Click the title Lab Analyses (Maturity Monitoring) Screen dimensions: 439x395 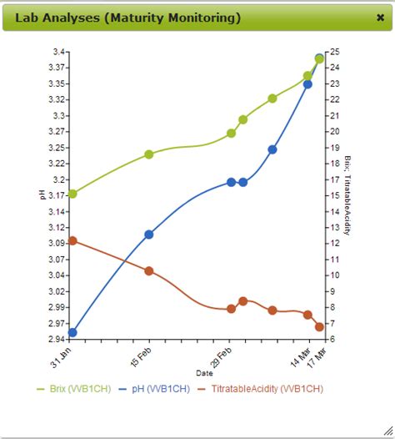coord(129,17)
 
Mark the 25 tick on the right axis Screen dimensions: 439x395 coord(334,52)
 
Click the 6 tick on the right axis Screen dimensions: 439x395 coord(332,340)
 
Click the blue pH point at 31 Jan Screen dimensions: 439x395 coord(72,332)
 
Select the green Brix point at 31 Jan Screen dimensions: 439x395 coord(72,194)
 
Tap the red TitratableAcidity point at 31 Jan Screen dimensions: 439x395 coord(72,240)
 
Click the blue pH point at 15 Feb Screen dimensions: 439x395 coord(149,235)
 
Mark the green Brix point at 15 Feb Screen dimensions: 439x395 coord(149,154)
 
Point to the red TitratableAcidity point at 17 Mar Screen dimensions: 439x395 coord(319,326)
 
